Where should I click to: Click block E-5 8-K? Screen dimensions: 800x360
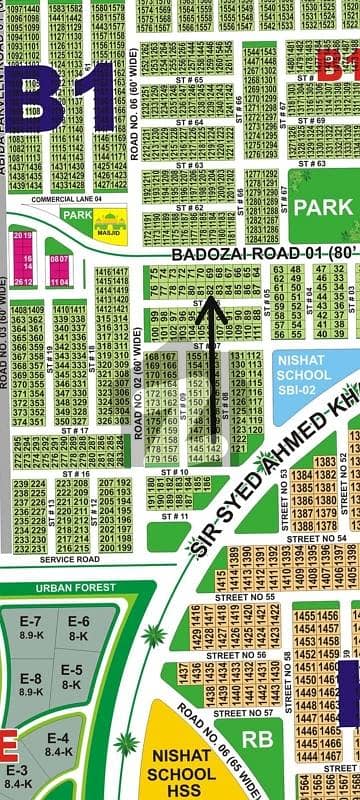click(x=70, y=675)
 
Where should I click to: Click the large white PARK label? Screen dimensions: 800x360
click(x=323, y=207)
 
